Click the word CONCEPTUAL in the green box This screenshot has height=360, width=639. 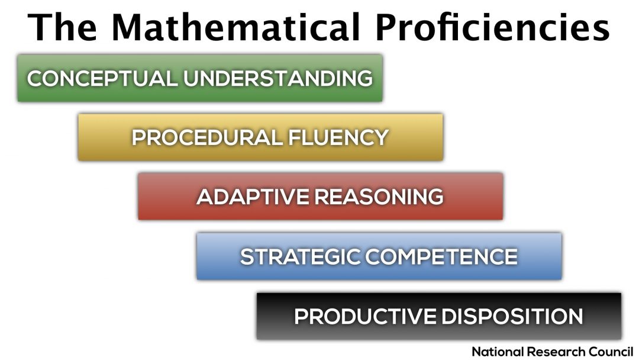(102, 78)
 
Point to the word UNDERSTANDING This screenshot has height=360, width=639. (278, 78)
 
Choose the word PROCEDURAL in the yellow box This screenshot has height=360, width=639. (207, 137)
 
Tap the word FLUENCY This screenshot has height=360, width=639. (338, 137)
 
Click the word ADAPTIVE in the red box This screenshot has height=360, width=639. (253, 197)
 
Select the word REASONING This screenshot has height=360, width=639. (379, 197)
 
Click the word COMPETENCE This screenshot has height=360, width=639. (441, 256)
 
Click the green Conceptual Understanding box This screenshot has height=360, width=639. (200, 78)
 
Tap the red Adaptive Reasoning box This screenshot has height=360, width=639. (320, 197)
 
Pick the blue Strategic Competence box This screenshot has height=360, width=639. (379, 256)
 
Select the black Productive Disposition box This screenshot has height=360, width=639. (439, 316)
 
